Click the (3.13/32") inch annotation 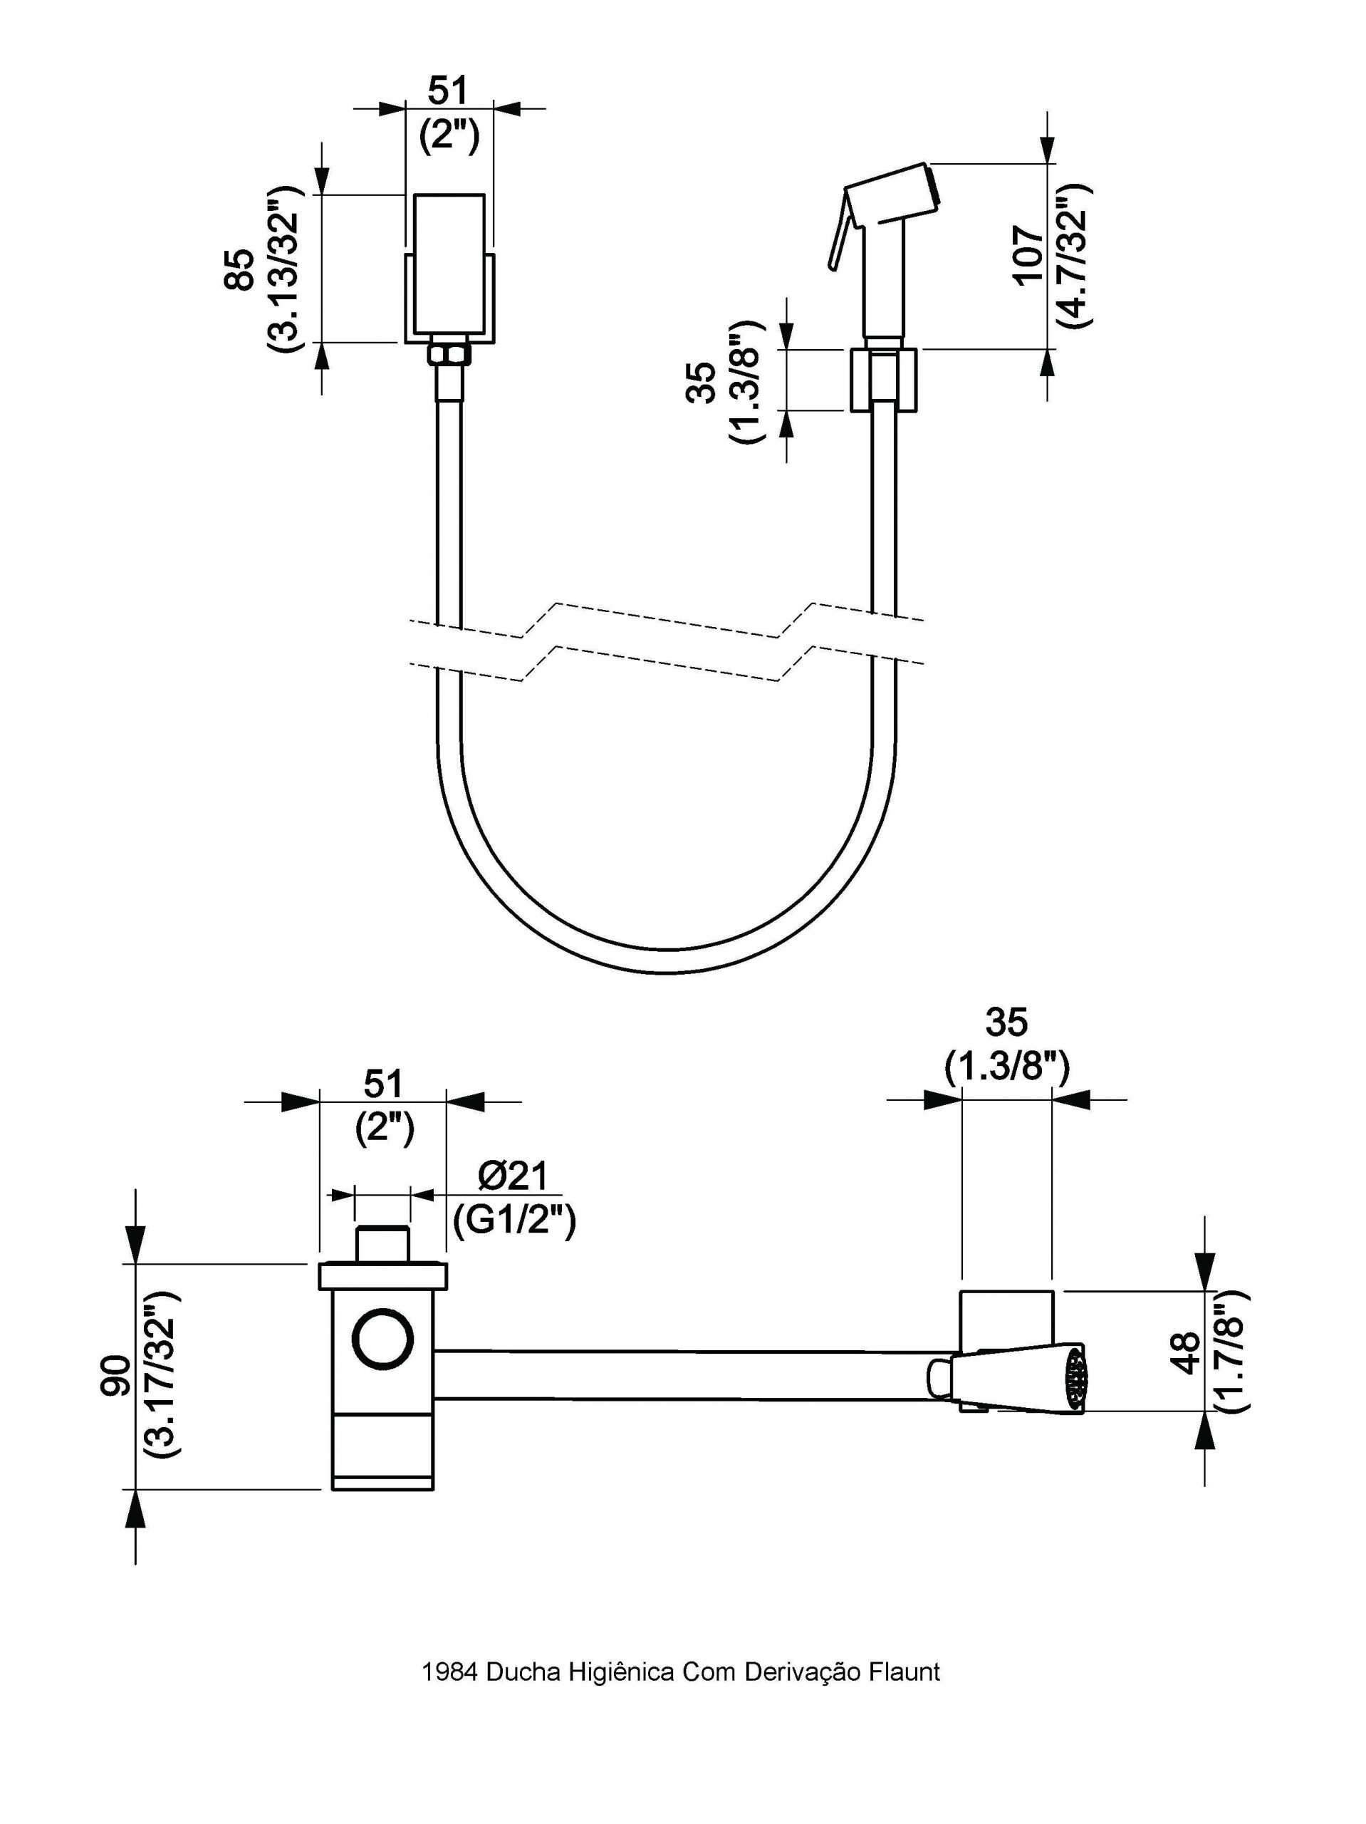pos(284,269)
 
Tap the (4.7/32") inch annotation pos(1074,255)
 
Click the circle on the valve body pos(382,1337)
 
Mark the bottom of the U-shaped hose pos(666,961)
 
